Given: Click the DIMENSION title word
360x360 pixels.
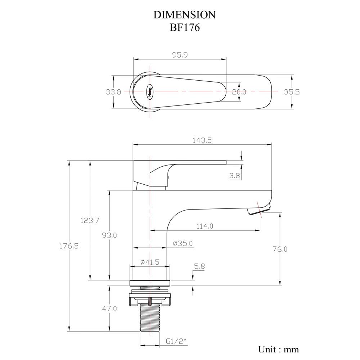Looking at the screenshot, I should (x=185, y=15).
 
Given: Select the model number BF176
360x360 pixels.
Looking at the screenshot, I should (x=185, y=28).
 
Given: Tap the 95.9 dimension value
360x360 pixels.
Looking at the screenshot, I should (x=180, y=55).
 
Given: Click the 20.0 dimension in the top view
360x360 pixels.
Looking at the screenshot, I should (x=239, y=92).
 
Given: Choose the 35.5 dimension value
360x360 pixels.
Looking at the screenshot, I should (x=292, y=92).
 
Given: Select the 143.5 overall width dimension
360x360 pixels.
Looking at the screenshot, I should (x=202, y=141).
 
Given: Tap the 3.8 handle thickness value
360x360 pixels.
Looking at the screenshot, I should (x=234, y=176).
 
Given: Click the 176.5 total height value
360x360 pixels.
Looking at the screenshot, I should (x=69, y=246).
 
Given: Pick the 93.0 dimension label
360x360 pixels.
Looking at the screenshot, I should (x=109, y=235).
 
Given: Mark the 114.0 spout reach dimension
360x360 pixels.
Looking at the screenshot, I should (x=205, y=226).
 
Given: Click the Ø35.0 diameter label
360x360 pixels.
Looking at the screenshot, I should (x=183, y=244).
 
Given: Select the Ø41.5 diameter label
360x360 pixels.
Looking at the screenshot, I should (x=149, y=262).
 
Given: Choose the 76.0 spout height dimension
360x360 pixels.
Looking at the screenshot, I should (x=280, y=249).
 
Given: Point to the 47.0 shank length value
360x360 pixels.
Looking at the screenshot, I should (x=109, y=309).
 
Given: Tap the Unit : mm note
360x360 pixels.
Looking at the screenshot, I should (x=278, y=349).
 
